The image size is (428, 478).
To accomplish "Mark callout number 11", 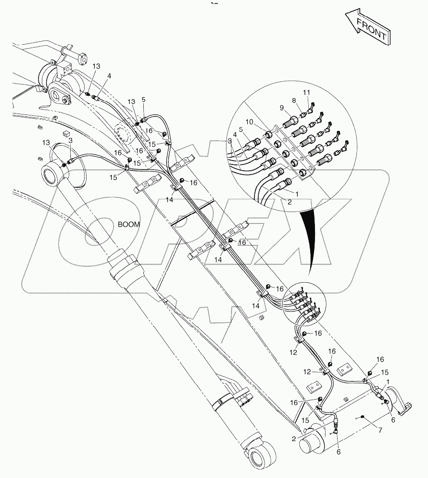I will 306,92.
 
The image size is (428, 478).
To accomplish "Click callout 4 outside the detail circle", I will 109,76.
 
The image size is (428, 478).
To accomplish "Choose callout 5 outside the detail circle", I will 143,100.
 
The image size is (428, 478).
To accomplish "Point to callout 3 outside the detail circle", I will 70,140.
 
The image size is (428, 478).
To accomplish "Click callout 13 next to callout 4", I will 96,66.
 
